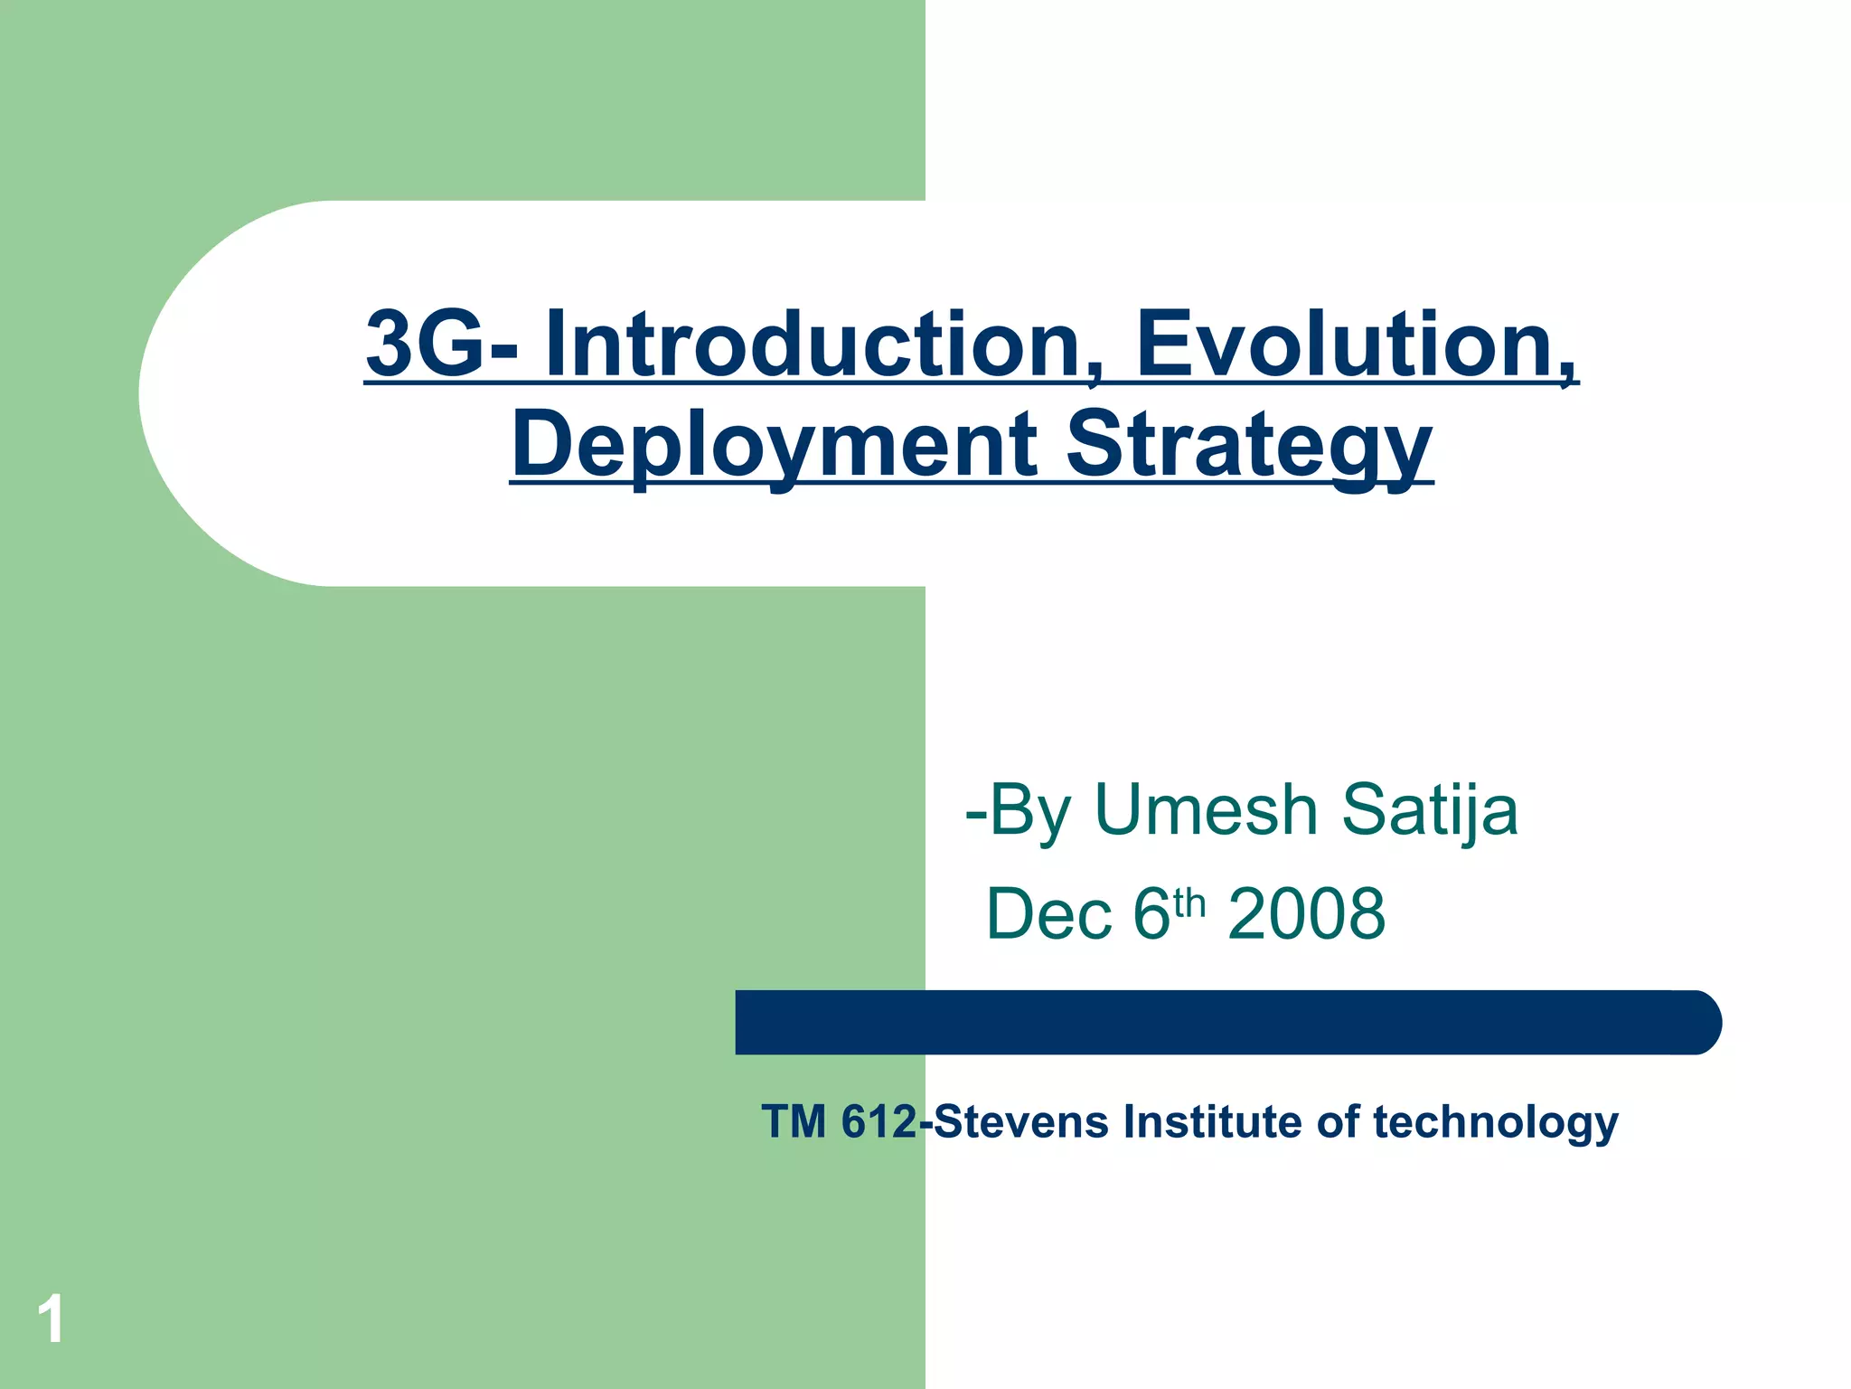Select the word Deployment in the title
[774, 445]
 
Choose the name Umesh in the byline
[1206, 809]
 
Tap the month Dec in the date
[1048, 914]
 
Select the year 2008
[1306, 914]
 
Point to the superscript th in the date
[1189, 902]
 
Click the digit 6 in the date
[1151, 914]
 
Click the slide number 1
[51, 1319]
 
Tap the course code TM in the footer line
[794, 1122]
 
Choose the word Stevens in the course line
[1020, 1122]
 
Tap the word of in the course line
[1337, 1122]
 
